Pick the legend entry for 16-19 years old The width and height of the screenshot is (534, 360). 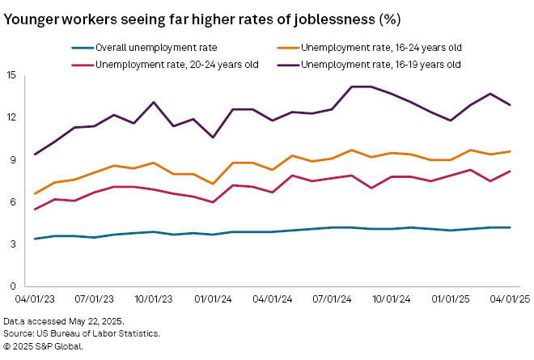[380, 64]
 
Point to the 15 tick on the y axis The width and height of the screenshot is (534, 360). [11, 75]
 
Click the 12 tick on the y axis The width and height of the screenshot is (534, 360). [11, 117]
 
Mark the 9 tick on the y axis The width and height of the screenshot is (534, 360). [13, 159]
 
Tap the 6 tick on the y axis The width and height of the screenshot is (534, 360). [13, 201]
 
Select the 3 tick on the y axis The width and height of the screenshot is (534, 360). [13, 244]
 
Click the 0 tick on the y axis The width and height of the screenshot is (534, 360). [13, 286]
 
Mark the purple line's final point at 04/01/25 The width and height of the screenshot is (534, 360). [510, 105]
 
